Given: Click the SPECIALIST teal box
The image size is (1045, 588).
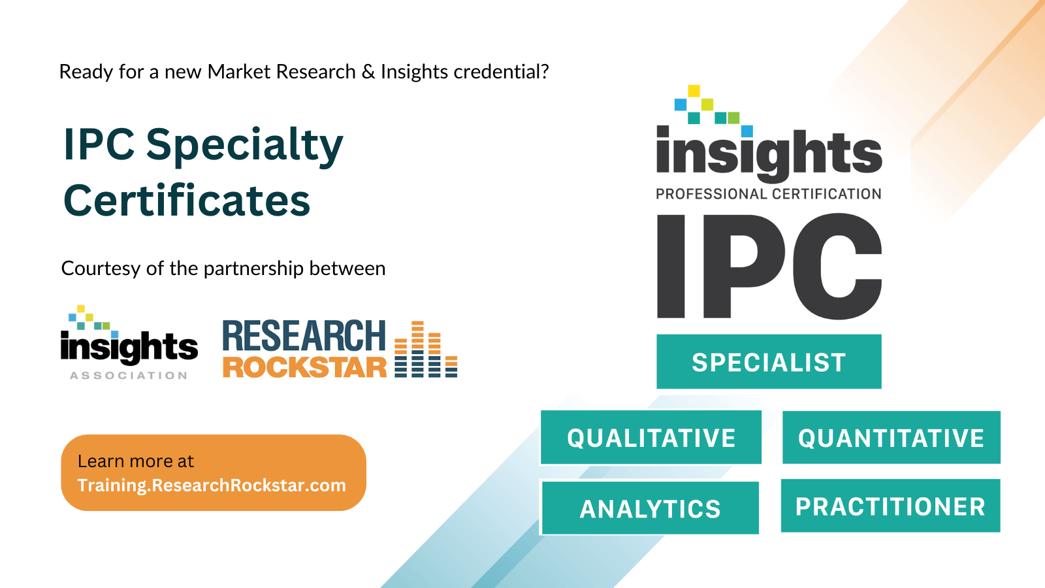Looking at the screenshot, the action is tap(769, 361).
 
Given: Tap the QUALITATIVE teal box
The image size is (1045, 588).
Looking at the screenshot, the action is tap(651, 437).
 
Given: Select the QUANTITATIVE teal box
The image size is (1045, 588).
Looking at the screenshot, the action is tap(892, 437).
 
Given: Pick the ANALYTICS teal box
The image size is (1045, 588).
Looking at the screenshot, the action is tap(650, 508).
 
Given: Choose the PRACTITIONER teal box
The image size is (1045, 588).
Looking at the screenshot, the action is tap(891, 506).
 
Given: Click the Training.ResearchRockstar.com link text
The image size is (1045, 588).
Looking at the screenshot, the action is tap(212, 485).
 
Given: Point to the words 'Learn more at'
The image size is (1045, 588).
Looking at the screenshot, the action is tap(135, 461).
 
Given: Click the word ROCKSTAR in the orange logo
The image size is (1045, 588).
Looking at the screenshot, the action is tap(304, 367).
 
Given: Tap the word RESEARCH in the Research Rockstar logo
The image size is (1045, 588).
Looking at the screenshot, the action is tap(304, 336).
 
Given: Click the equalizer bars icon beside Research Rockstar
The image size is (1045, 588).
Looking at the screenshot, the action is tap(426, 349).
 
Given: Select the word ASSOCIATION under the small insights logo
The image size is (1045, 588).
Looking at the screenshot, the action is tap(129, 376).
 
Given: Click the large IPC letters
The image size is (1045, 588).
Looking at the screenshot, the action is tap(769, 266).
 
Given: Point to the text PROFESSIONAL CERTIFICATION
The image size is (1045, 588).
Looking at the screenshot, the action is tap(768, 193).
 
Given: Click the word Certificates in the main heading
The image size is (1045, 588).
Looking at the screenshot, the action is tap(187, 200).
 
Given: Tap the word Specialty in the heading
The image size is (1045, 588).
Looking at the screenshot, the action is tap(244, 146).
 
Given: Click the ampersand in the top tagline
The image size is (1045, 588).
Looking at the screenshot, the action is tap(368, 72).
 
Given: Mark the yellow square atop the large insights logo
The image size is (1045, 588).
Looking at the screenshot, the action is tap(694, 91).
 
